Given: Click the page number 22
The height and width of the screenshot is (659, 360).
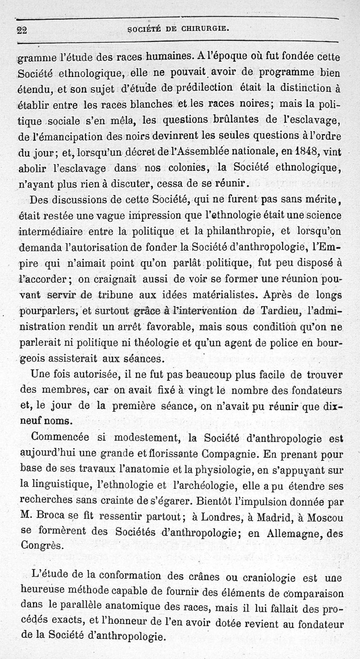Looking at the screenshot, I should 22,31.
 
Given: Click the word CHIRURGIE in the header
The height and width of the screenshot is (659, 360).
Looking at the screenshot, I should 206,30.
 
